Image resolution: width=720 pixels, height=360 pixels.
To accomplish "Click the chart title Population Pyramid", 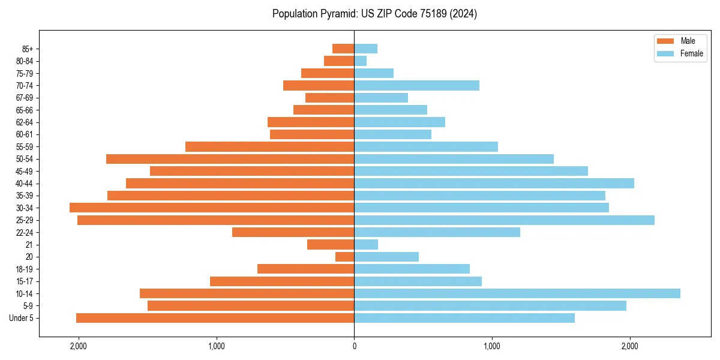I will (374, 14).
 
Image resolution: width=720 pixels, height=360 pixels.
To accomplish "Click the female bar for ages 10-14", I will (517, 293).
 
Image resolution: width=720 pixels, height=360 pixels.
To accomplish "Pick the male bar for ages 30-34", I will (212, 208).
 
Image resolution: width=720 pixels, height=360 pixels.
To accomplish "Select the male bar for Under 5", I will (215, 318).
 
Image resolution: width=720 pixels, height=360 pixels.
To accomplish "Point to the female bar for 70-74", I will (416, 85).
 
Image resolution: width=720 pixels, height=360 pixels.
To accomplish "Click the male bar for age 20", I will (344, 257).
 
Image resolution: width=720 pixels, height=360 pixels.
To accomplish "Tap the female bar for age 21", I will (366, 244).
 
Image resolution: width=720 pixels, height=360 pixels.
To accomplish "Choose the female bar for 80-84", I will (360, 61).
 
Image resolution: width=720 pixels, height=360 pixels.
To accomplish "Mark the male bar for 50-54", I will (230, 159).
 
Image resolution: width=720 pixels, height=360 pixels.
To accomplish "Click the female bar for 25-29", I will (504, 220).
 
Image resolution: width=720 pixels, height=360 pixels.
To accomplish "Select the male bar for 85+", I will (343, 49).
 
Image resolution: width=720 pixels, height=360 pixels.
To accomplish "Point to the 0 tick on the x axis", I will (354, 346).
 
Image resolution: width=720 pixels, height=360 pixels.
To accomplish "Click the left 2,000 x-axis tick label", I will (79, 346).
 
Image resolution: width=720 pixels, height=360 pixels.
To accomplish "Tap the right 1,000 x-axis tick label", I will (492, 346).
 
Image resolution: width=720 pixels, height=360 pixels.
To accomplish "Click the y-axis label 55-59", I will (29, 146).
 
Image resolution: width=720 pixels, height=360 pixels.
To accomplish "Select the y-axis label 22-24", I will (29, 232).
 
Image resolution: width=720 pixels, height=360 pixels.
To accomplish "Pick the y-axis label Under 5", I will (26, 318).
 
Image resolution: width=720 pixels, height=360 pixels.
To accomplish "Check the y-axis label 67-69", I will (29, 98).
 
